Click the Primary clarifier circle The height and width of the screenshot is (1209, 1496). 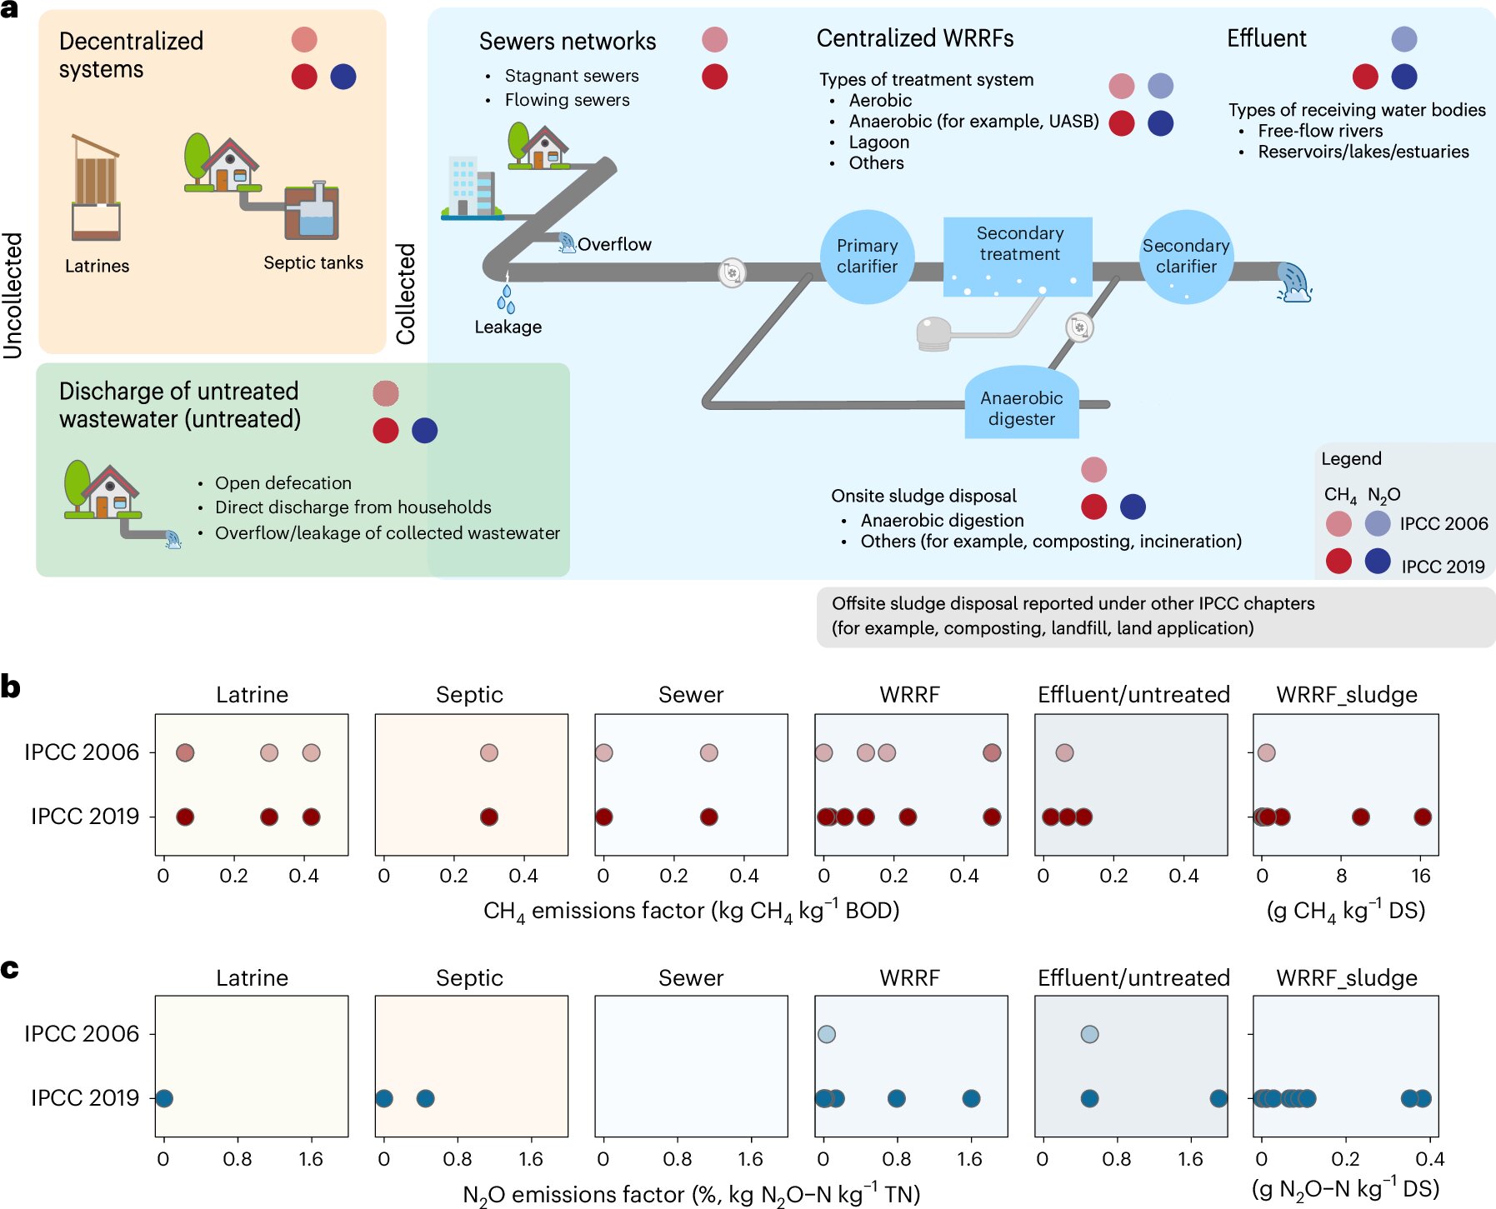(867, 257)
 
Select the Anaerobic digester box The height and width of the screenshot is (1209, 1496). (1021, 407)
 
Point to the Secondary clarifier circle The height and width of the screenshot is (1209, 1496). (1185, 257)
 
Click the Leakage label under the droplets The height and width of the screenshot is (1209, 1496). (508, 327)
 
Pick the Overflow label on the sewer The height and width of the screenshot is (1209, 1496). (614, 245)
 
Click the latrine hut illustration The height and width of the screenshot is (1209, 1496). (96, 187)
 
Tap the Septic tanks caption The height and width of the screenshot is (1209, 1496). (313, 263)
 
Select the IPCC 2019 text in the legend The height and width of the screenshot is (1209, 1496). (1443, 567)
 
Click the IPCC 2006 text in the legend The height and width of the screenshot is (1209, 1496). (1443, 524)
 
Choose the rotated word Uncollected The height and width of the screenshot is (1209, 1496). (13, 295)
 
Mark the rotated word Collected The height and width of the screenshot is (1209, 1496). (406, 293)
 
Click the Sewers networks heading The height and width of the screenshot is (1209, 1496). (568, 42)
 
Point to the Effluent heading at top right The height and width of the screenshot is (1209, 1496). (1266, 39)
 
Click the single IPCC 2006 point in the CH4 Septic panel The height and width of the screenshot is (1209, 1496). (489, 753)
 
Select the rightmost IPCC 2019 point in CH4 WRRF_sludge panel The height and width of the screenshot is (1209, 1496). (1423, 817)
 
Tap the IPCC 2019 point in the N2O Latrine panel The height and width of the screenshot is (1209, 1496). (164, 1098)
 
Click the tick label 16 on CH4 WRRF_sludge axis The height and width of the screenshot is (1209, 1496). (1421, 876)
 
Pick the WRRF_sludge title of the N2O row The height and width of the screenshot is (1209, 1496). (1346, 978)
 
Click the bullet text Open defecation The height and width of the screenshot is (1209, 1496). (283, 483)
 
